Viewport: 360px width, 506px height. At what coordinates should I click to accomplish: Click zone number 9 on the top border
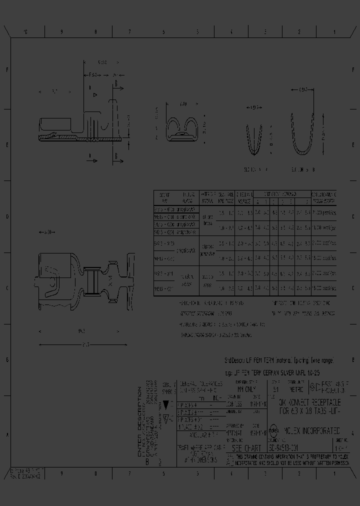(x=61, y=32)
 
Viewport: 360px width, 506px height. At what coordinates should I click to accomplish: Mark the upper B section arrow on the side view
(x=115, y=85)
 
